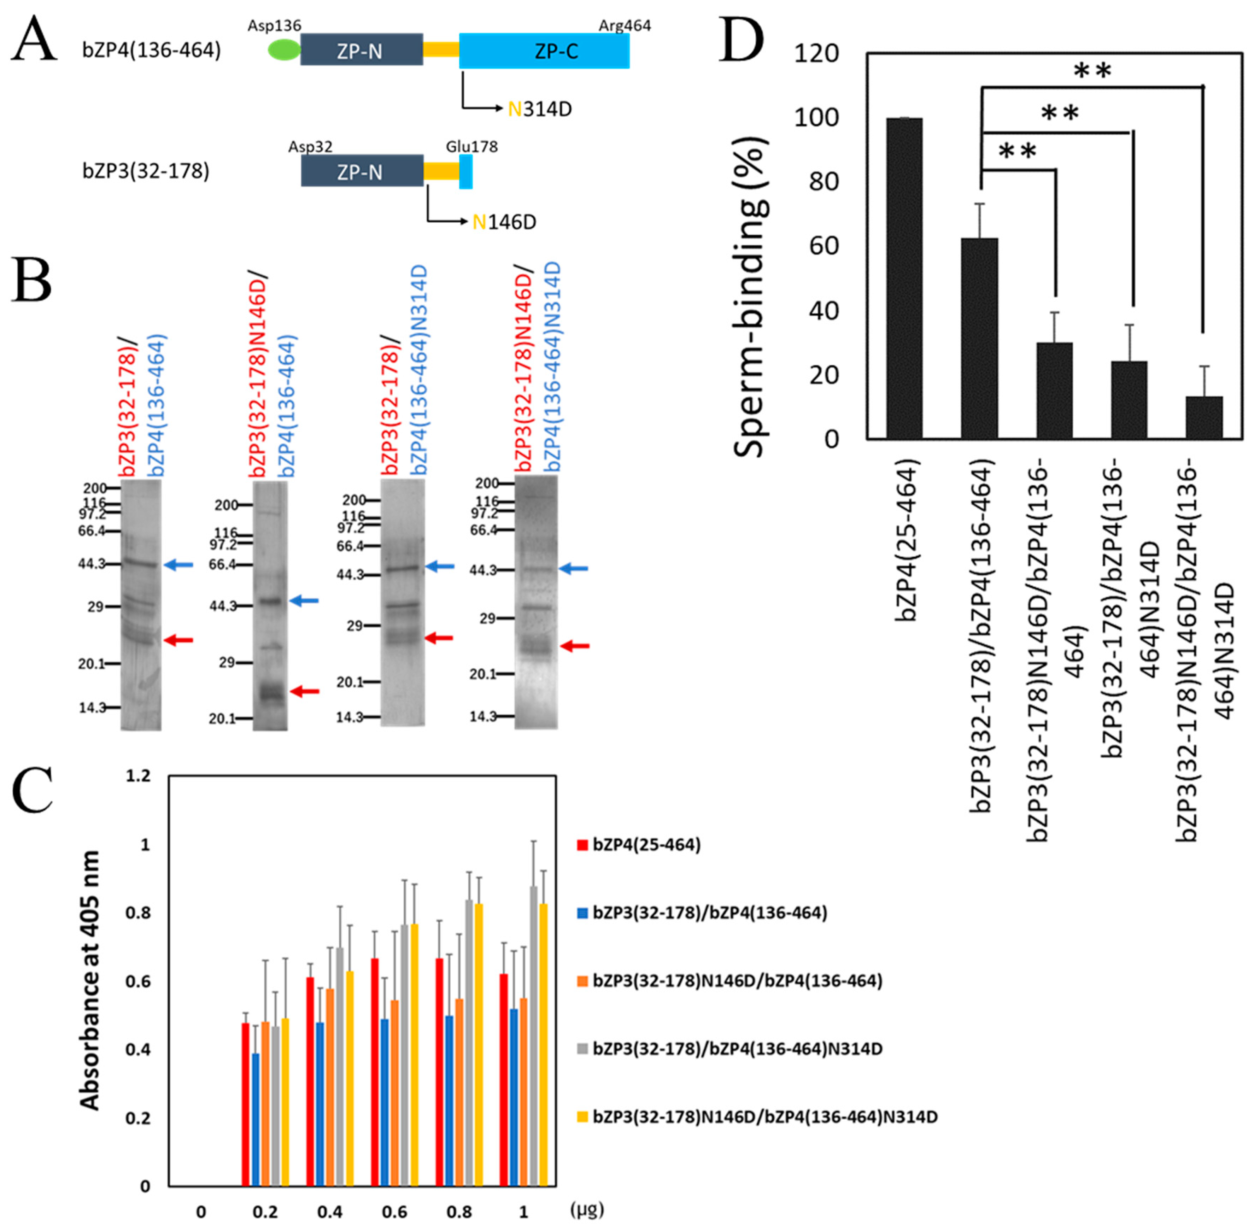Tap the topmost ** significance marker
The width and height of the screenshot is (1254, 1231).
pos(1092,71)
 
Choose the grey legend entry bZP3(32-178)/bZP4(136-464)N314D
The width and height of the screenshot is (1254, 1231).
pos(737,1049)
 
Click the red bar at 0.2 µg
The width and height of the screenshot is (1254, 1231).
pos(245,1104)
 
